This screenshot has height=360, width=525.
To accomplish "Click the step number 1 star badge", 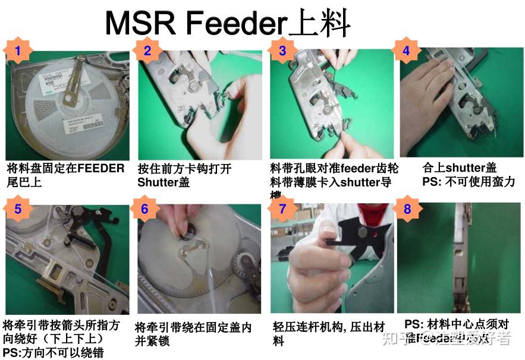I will click(18, 51).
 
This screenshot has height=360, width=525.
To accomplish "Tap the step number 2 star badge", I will click(147, 51).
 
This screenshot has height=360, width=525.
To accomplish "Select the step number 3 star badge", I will click(282, 51).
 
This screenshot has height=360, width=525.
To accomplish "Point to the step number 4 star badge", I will click(406, 51).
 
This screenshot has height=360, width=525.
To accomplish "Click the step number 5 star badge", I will click(18, 209).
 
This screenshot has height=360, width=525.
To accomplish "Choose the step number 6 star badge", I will click(144, 209).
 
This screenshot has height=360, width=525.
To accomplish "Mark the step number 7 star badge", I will click(282, 209).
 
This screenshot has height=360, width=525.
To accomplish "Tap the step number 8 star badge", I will click(407, 209).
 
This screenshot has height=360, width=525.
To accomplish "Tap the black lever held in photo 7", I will click(351, 235).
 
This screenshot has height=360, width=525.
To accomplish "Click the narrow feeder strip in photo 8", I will click(458, 267).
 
